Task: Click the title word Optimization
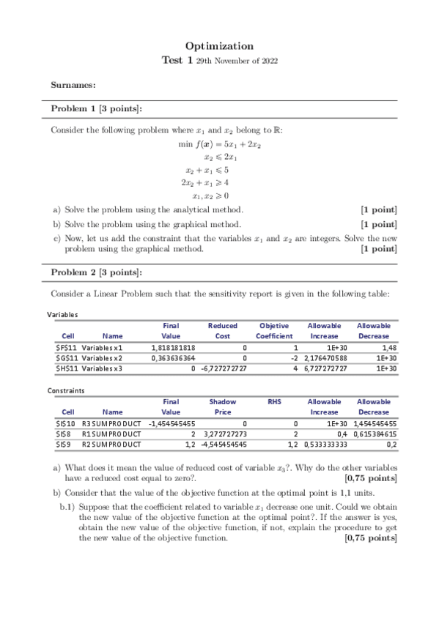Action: pos(219,45)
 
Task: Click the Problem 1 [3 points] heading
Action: pos(96,108)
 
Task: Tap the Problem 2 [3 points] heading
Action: pos(96,272)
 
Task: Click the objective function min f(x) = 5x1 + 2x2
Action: pos(220,144)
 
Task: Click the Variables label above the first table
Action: pos(62,315)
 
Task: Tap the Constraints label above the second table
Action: pos(65,391)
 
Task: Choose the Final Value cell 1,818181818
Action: pos(173,347)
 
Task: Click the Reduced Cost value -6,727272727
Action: pos(224,369)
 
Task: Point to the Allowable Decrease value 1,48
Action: pos(388,347)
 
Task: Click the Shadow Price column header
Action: pos(223,406)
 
